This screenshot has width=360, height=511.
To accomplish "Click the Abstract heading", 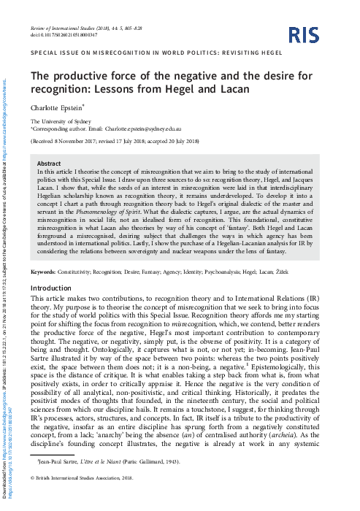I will click(x=48, y=164).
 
